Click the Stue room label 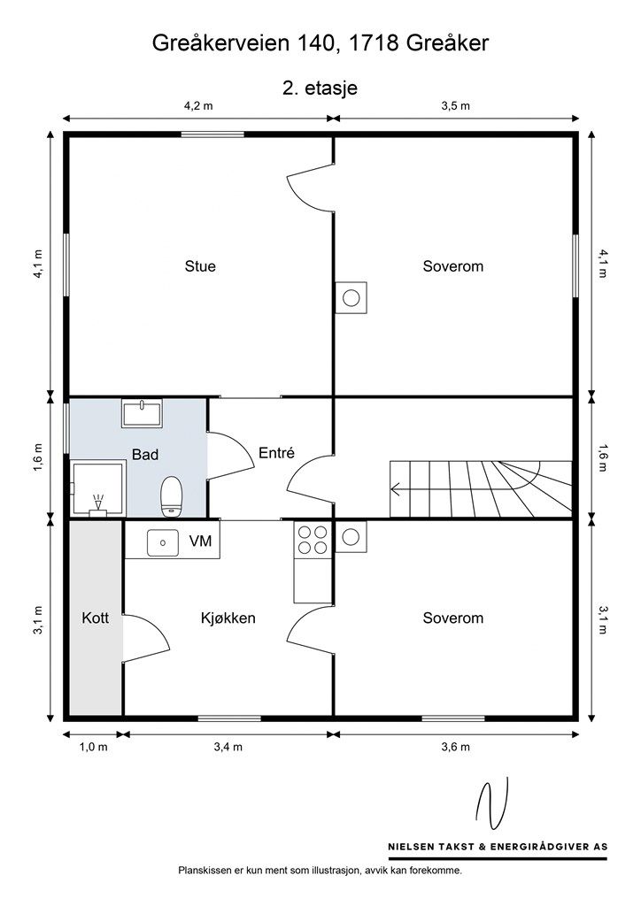(x=200, y=266)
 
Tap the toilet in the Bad (x=171, y=495)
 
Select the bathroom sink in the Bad (x=142, y=413)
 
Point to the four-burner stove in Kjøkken (x=313, y=540)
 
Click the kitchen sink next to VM (x=162, y=542)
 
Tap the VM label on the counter (x=200, y=541)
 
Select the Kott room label (x=96, y=618)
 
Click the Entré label (x=276, y=453)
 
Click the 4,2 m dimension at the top (x=198, y=106)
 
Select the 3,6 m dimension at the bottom (x=455, y=747)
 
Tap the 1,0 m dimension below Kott (x=93, y=747)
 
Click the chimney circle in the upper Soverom (x=351, y=297)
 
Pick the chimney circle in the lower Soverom (x=351, y=537)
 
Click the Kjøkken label (x=228, y=618)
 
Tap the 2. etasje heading (x=320, y=88)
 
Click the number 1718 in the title (x=370, y=42)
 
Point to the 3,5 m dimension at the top (x=455, y=106)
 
